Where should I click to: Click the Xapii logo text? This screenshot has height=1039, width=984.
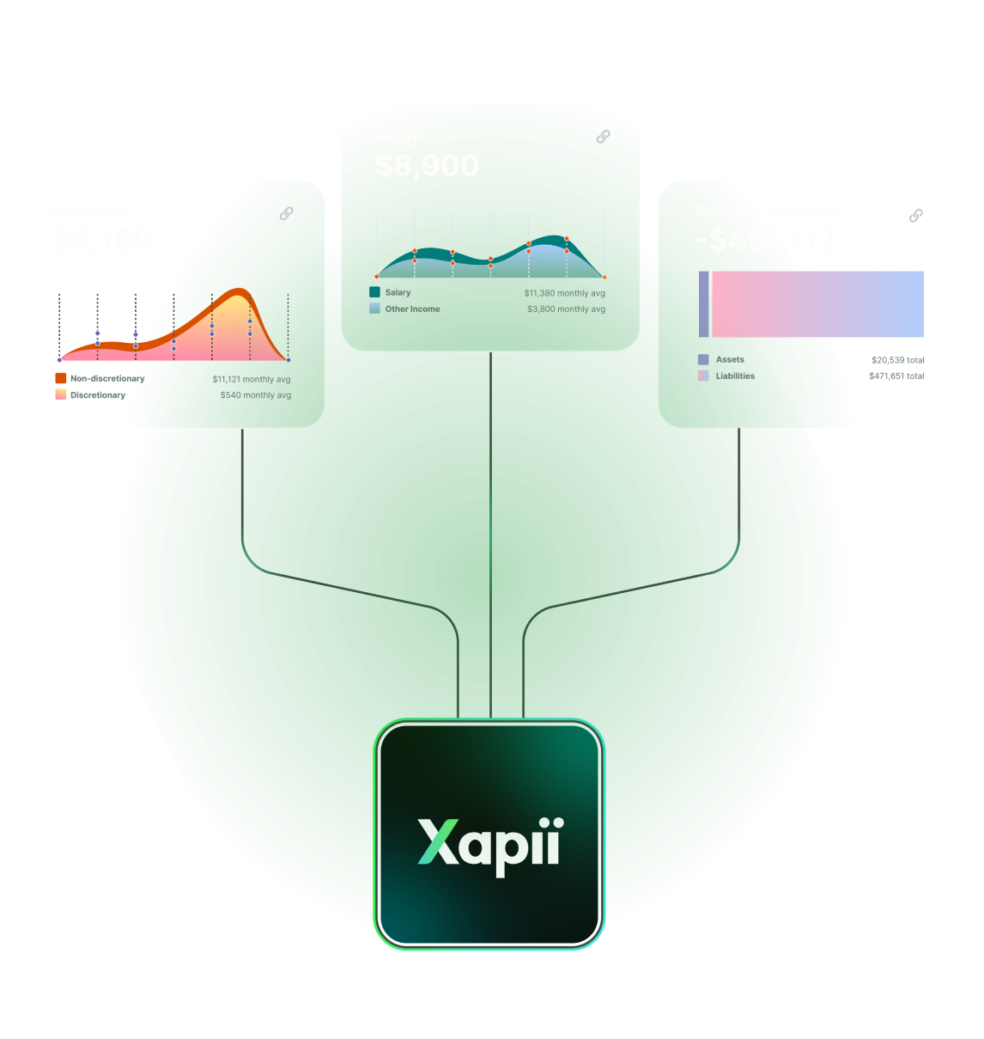(489, 844)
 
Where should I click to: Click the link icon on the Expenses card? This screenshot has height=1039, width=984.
(287, 213)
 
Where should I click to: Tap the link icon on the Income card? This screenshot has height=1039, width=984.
(604, 137)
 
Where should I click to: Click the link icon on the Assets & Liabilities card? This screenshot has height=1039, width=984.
(916, 215)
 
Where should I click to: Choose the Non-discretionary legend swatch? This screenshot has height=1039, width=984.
(61, 378)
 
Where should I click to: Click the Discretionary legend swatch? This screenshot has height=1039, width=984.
(61, 394)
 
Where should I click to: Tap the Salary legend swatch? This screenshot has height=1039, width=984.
(374, 292)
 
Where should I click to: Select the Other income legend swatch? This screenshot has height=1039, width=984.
(374, 309)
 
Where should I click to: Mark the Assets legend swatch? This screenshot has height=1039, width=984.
(703, 359)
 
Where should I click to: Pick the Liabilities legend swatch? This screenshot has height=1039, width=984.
(703, 376)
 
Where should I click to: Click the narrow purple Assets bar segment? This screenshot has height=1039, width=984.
(704, 304)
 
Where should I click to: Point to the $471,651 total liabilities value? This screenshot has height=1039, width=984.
(896, 376)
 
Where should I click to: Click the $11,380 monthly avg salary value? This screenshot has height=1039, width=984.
(564, 293)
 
